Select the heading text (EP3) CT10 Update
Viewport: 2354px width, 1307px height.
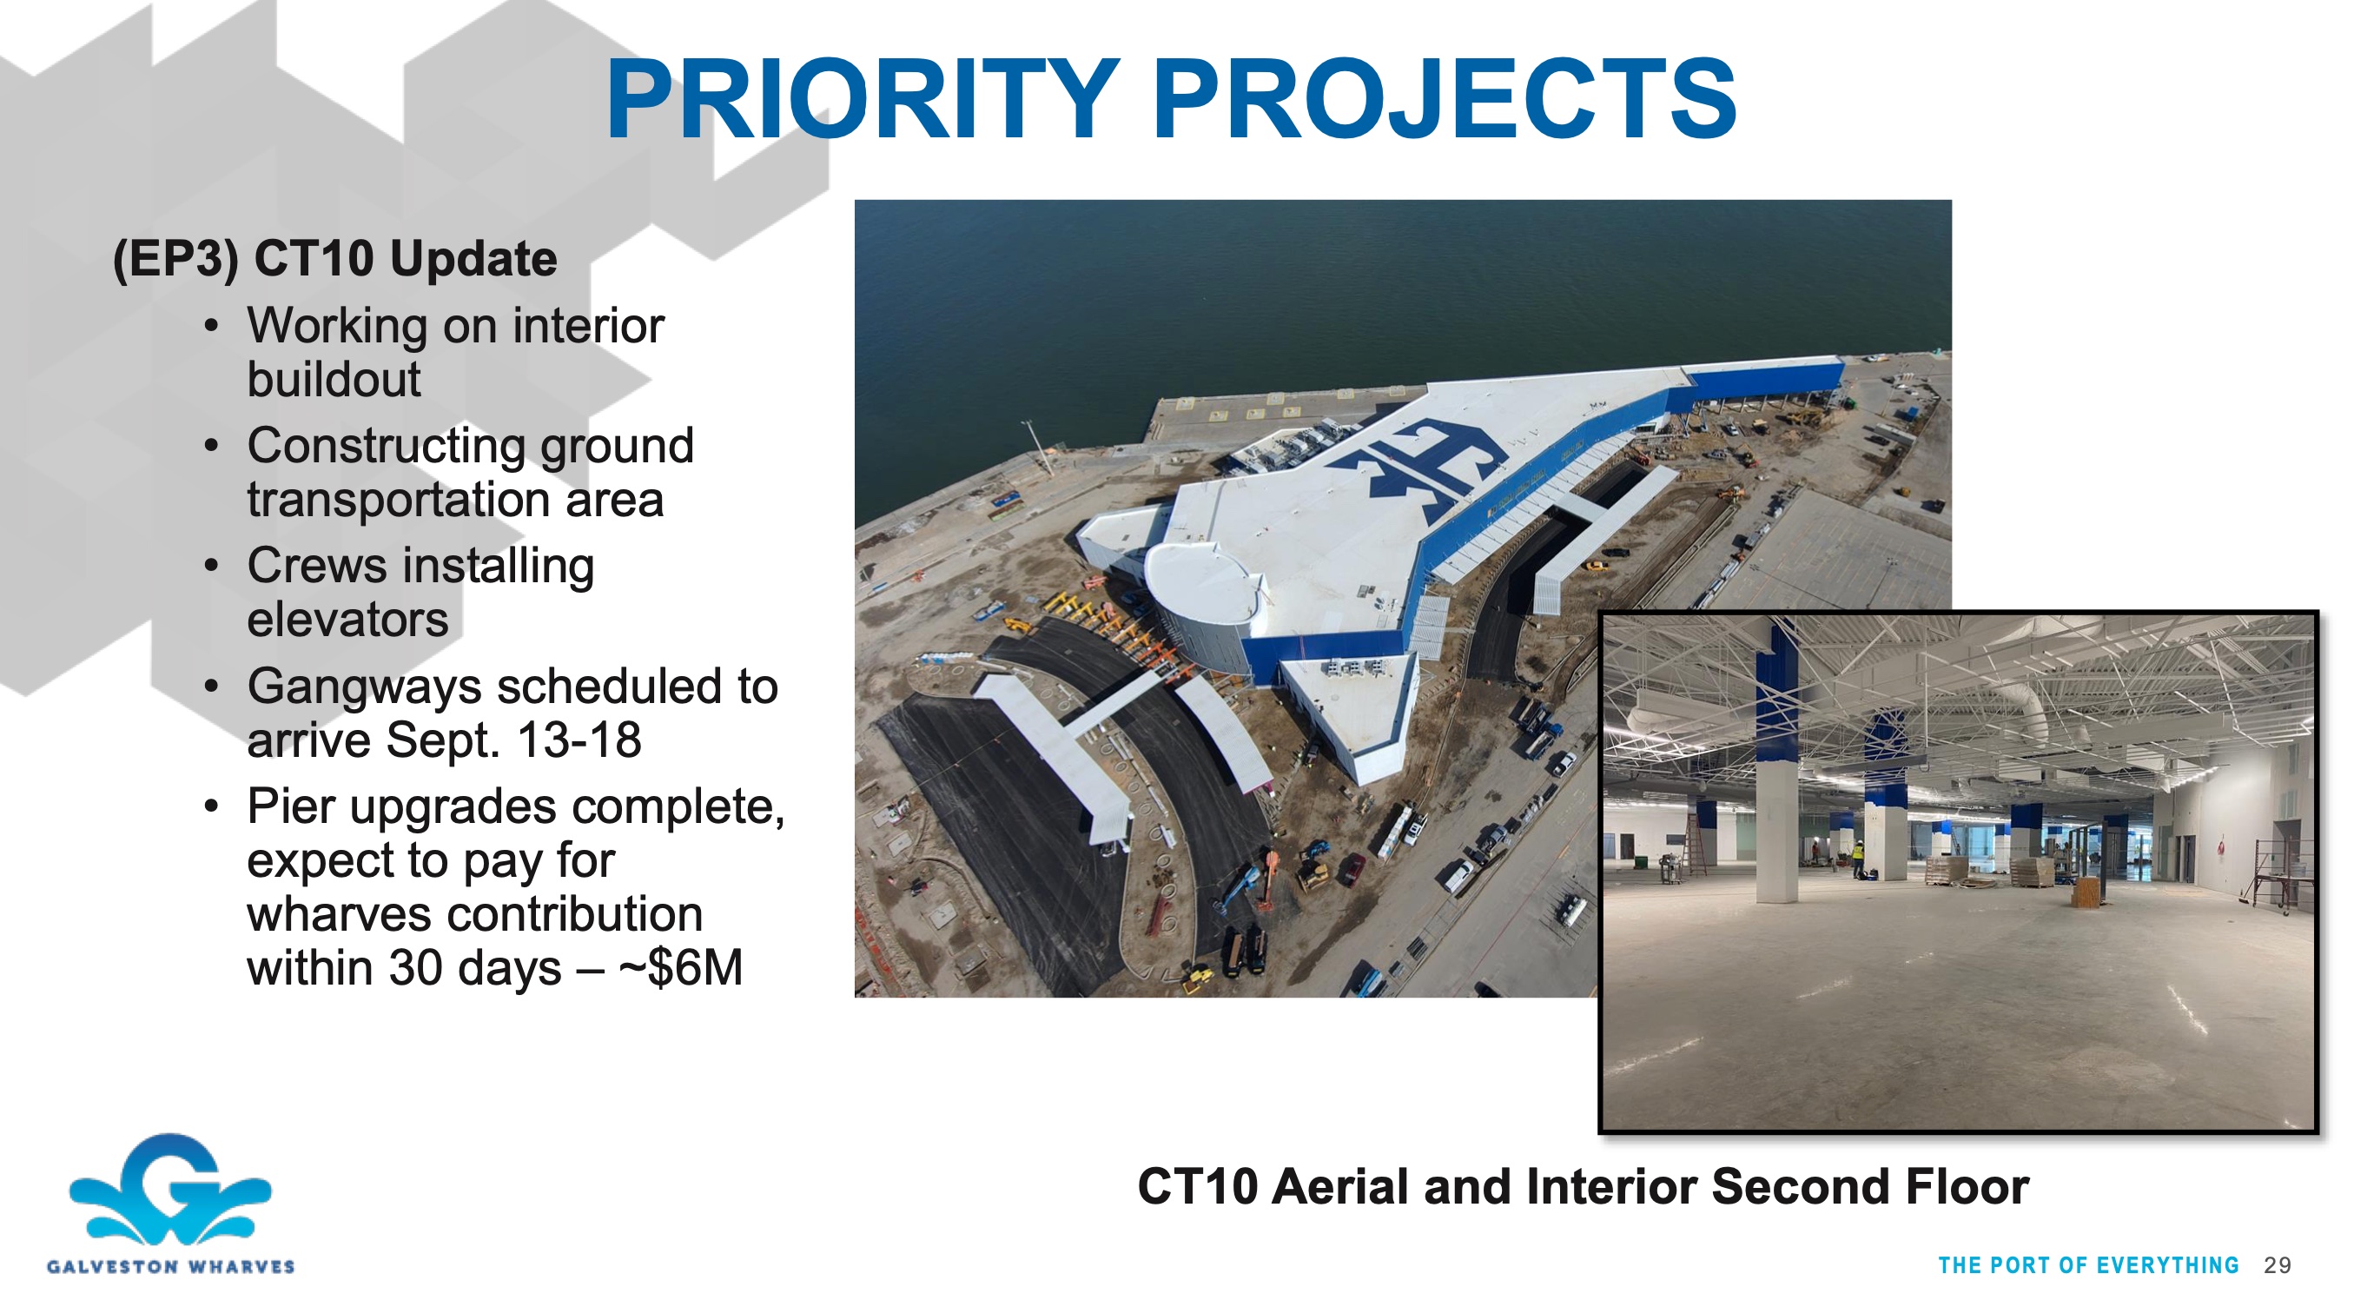[334, 259]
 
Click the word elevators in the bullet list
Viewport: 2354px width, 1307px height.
[347, 620]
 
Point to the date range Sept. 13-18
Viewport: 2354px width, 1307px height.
[513, 740]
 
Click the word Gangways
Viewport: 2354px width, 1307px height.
[364, 687]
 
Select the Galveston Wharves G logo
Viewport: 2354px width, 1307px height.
[171, 1189]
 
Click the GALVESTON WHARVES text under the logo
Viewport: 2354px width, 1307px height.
[171, 1267]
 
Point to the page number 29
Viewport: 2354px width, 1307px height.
[2278, 1265]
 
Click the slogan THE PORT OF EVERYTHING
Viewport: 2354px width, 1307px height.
[2088, 1266]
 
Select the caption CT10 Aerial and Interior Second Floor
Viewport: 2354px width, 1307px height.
[1583, 1186]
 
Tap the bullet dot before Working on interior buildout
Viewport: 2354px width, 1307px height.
[212, 326]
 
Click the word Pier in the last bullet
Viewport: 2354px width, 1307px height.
[292, 807]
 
